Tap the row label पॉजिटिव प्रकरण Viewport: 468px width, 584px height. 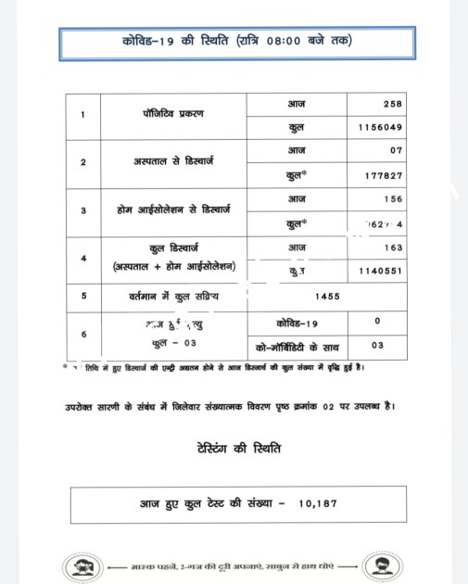point(167,114)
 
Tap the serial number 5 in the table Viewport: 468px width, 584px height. point(84,296)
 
